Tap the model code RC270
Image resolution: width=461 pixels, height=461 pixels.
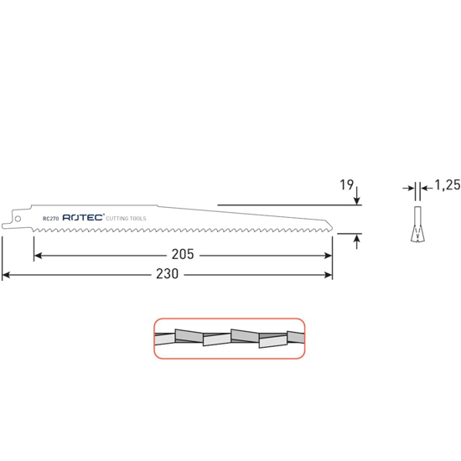pos(50,218)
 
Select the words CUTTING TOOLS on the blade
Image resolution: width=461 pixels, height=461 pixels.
pos(127,218)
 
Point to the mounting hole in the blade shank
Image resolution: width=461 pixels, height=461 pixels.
pos(16,220)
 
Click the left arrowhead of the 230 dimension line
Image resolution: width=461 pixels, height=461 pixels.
pos(7,274)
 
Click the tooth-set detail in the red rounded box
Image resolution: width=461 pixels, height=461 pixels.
pos(228,338)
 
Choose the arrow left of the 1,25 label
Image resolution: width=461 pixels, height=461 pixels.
pos(411,188)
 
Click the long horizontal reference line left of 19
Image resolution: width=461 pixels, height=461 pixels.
pos(285,205)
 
